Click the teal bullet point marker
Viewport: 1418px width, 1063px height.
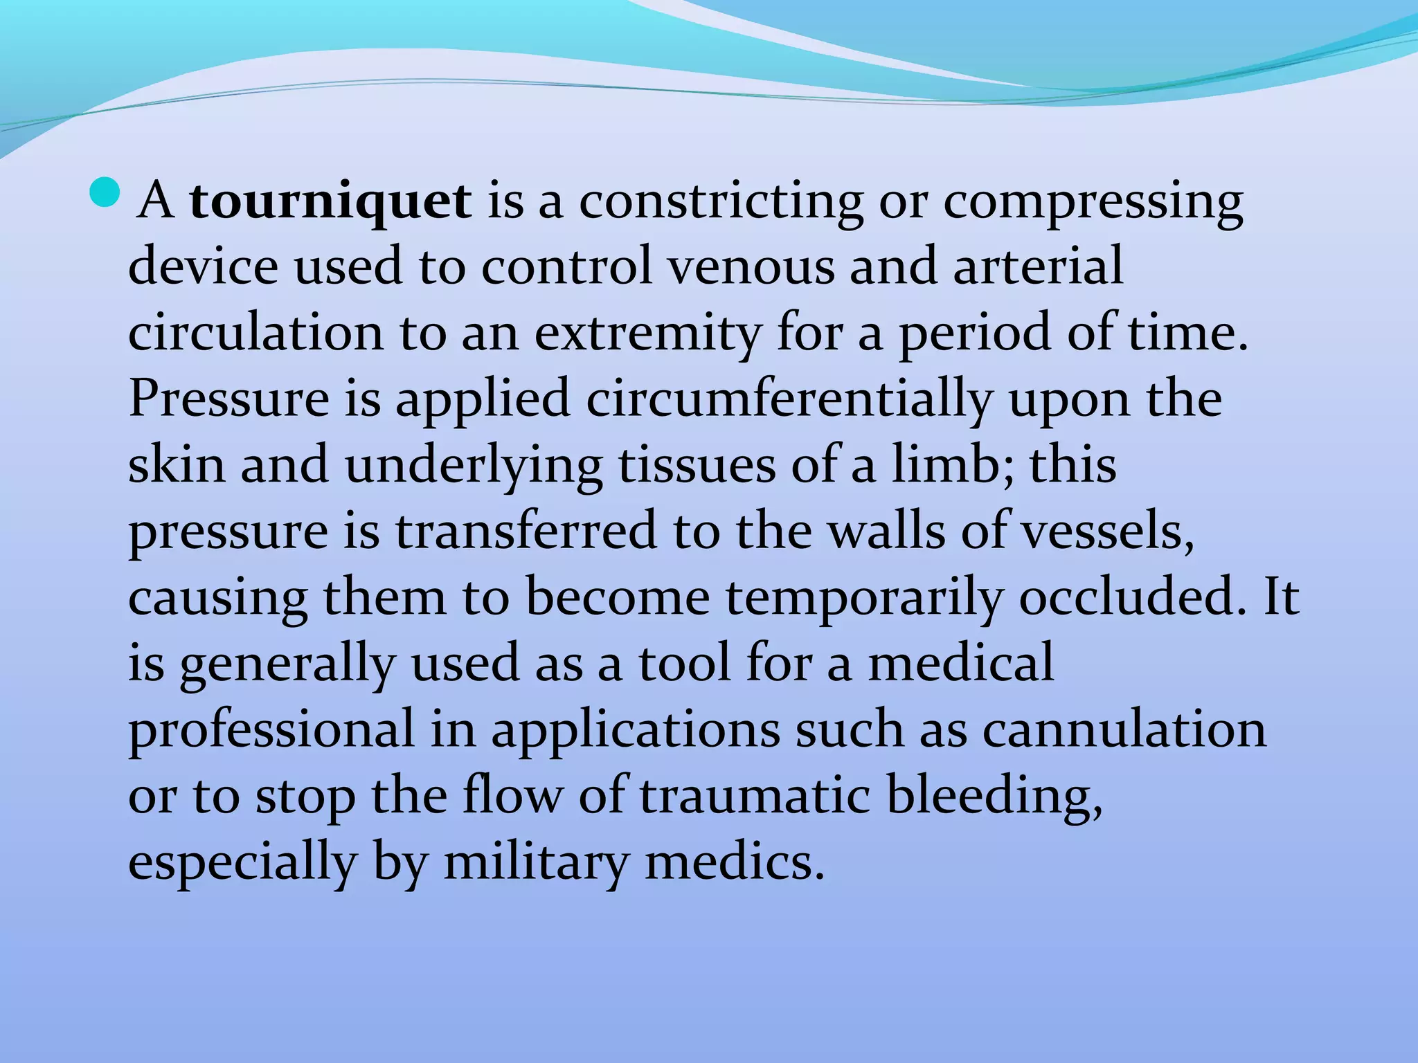[x=105, y=192]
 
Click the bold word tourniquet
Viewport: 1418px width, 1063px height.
[x=331, y=202]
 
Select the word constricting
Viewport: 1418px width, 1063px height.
[x=721, y=202]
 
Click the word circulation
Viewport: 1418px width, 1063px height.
[x=255, y=333]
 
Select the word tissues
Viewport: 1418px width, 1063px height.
[x=696, y=465]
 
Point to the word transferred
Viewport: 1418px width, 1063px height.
[x=526, y=531]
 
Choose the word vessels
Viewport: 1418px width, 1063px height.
[x=1108, y=531]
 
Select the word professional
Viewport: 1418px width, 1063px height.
[x=271, y=731]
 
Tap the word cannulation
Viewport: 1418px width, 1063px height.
[x=1124, y=729]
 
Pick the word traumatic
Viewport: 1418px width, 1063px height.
[x=754, y=796]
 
